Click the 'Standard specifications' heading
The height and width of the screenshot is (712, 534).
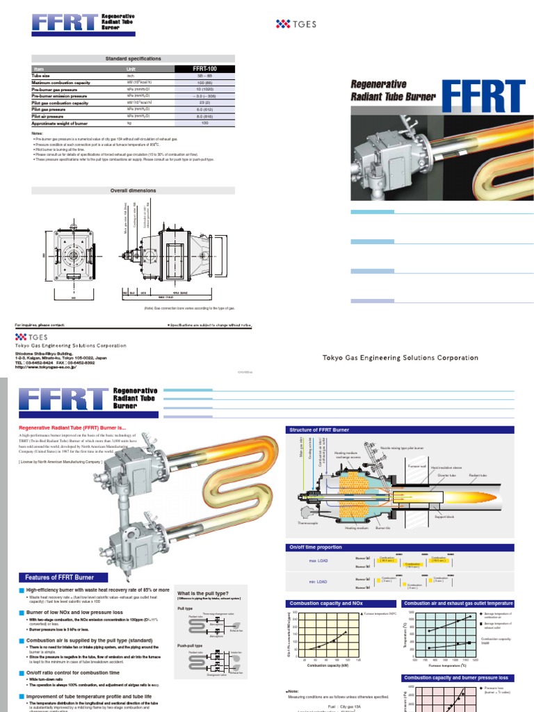pyautogui.click(x=133, y=59)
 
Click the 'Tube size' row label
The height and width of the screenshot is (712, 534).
pyautogui.click(x=43, y=76)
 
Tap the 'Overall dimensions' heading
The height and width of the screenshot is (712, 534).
pyautogui.click(x=133, y=190)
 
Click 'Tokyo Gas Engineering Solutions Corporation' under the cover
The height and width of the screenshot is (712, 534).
pyautogui.click(x=400, y=358)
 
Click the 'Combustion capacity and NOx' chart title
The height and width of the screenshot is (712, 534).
pyautogui.click(x=323, y=604)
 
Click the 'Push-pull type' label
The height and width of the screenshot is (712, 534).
pyautogui.click(x=191, y=646)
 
